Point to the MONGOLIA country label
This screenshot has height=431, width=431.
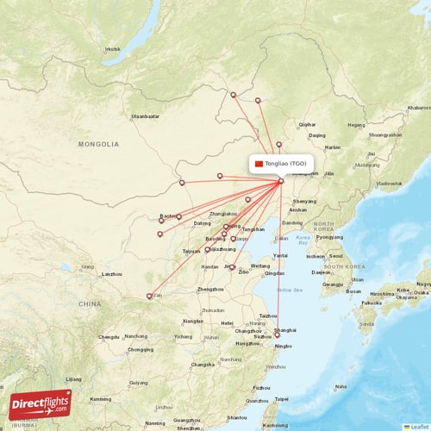pos(98,145)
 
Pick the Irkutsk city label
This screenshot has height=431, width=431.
pos(112,48)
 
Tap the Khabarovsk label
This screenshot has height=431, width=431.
pos(418,108)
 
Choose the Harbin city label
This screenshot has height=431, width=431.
pos(333,147)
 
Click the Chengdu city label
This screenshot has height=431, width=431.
pos(108,337)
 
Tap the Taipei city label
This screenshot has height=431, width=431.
pos(281,399)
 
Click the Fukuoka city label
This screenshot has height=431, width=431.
pos(372,303)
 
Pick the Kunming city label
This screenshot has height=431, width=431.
pos(100,399)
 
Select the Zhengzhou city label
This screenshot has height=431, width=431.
pos(210,290)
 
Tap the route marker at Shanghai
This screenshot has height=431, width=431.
pos(277,334)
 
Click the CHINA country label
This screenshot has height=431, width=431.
pos(90,303)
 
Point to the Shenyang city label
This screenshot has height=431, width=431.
pos(304,201)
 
